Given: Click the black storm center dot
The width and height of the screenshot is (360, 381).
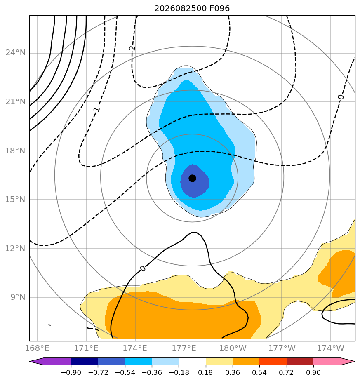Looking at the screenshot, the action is coord(192,178).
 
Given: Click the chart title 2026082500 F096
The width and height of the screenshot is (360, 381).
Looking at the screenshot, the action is coord(192,9).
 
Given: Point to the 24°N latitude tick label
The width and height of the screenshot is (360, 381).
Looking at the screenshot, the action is coord(15,52).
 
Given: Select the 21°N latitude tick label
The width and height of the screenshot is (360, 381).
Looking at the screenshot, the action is coord(15,101).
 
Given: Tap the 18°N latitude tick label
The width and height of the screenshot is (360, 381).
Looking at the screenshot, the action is coord(15,151).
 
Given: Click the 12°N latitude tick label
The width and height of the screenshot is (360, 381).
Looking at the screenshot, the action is coord(15,248).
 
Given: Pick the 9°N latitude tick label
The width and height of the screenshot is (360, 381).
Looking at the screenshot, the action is coord(18,297).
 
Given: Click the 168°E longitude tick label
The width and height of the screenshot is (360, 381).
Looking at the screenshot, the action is coord(37,348).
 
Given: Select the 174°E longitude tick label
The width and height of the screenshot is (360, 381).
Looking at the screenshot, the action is coord(135,348).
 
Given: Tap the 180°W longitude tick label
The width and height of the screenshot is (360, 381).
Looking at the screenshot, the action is coord(233,348).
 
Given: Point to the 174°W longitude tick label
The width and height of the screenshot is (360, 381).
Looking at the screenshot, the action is coord(331,348).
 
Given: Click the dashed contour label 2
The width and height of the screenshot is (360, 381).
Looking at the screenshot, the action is coord(132,48).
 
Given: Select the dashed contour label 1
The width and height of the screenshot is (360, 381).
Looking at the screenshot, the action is coord(96,109).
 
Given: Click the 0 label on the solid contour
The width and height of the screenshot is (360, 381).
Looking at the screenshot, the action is coord(143,268).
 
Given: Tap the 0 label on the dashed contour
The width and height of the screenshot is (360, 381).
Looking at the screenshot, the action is coord(341,97).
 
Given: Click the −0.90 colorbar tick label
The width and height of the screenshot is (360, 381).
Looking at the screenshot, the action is coord(71,372).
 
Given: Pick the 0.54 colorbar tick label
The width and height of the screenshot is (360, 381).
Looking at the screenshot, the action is coord(259,372).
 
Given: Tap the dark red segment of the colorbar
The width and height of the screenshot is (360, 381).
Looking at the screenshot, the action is coord(300,361).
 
